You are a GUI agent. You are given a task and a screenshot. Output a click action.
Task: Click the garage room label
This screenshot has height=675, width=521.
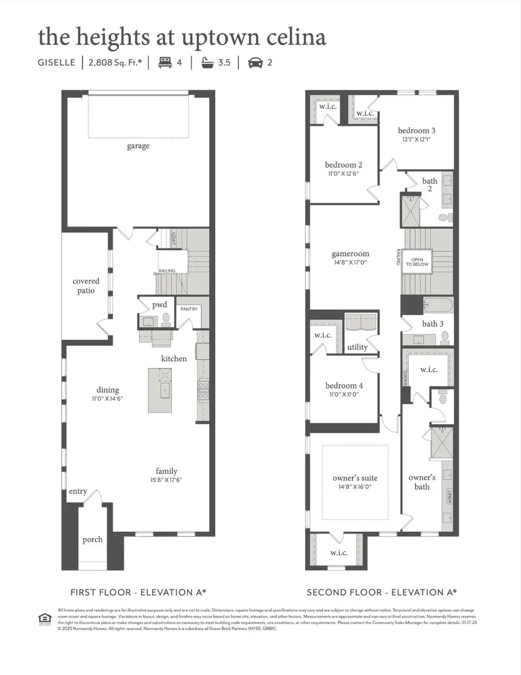[138, 146]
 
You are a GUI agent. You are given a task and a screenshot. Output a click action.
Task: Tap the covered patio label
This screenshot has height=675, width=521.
[86, 286]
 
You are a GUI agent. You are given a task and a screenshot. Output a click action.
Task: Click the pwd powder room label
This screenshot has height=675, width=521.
[160, 304]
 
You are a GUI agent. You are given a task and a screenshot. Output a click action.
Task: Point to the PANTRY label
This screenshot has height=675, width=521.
[188, 309]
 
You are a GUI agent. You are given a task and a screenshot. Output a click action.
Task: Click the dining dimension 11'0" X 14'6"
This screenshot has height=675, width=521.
[108, 399]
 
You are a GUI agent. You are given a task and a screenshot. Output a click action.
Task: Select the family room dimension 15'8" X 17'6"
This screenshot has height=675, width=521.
[166, 480]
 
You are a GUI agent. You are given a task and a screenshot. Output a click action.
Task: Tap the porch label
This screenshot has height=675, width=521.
[92, 539]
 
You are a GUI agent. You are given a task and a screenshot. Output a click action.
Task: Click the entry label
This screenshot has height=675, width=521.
[78, 491]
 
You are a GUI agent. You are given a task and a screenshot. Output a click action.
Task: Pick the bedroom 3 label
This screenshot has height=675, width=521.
[417, 130]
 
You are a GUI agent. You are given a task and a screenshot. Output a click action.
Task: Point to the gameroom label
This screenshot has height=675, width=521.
[350, 254]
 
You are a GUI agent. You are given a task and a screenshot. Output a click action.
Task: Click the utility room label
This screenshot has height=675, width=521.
[357, 347]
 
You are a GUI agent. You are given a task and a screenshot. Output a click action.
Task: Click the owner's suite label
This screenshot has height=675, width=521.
[355, 478]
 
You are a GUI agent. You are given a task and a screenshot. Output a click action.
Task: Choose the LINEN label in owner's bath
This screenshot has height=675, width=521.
[449, 497]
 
